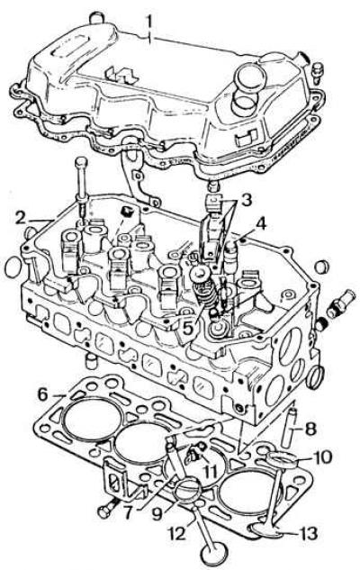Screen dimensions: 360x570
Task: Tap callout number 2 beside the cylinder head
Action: pyautogui.click(x=23, y=218)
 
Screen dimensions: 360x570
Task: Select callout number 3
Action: pyautogui.click(x=247, y=199)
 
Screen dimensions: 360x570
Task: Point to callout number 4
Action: pyautogui.click(x=260, y=224)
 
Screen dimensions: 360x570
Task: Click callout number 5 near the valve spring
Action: pyautogui.click(x=189, y=328)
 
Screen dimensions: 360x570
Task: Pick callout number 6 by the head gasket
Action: pyautogui.click(x=43, y=394)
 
